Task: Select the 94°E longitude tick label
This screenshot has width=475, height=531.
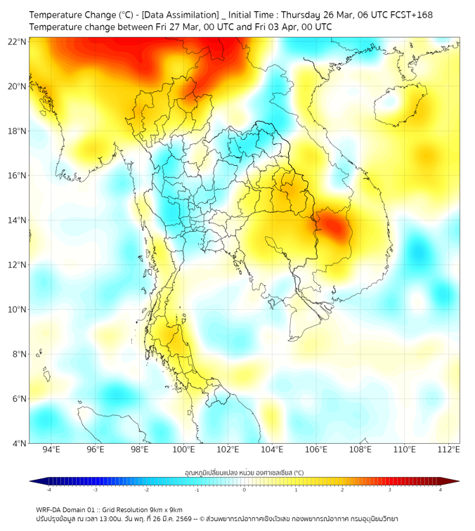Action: [51, 450]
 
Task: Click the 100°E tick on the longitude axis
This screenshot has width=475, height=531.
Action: [184, 450]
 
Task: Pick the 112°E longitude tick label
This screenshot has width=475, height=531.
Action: [448, 450]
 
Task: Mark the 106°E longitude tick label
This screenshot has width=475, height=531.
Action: [316, 450]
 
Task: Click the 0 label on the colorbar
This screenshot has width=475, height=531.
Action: [245, 490]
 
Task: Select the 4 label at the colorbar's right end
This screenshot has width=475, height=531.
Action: [441, 490]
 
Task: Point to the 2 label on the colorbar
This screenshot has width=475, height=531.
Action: [342, 490]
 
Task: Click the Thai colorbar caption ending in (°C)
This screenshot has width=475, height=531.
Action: [244, 473]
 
